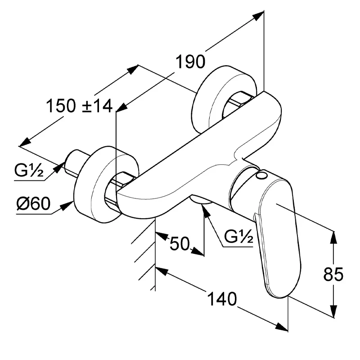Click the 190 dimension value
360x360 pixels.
[190, 62]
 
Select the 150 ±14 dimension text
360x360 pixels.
[80, 106]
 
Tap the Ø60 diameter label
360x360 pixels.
[33, 203]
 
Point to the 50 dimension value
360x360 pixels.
[180, 243]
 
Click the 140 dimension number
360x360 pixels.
[222, 299]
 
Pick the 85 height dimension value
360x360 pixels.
[333, 274]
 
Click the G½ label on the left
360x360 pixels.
[29, 171]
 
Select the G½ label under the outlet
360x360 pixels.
[238, 237]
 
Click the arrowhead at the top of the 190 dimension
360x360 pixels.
[258, 16]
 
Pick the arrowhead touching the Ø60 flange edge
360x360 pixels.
[67, 206]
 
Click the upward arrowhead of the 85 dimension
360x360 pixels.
[333, 238]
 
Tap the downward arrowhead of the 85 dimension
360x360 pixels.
[333, 311]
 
